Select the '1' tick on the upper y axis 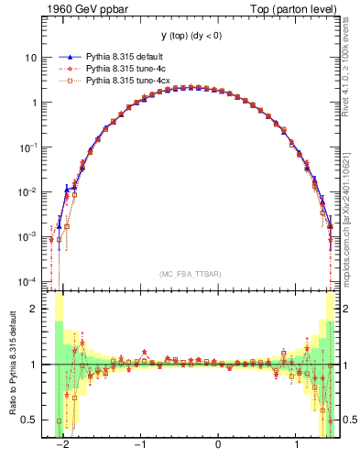coord(34,102)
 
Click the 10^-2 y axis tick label coord(27,191)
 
